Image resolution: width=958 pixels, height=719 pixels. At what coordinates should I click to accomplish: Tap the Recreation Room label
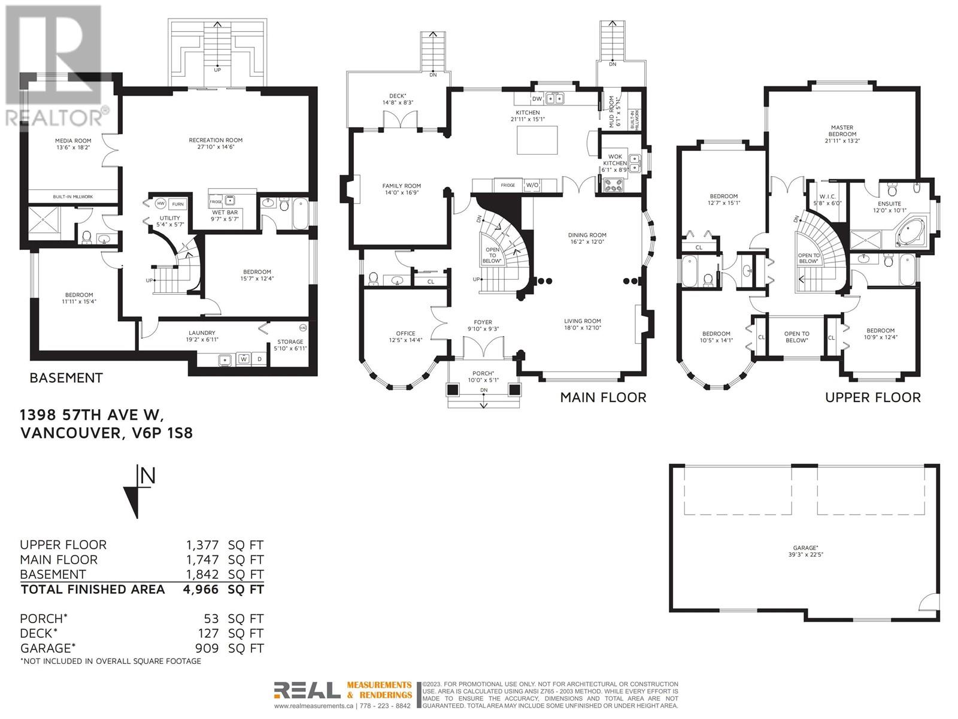216,140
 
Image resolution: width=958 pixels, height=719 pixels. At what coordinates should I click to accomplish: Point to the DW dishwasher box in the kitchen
536,99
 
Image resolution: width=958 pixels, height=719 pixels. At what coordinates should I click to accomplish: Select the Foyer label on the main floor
483,322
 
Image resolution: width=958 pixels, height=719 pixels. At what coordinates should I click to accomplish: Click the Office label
405,334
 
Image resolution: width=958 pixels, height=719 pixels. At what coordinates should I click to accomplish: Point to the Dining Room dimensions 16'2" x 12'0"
587,242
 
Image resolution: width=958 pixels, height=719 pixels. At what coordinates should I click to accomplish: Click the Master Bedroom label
842,131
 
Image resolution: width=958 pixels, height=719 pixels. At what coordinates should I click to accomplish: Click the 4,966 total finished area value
200,589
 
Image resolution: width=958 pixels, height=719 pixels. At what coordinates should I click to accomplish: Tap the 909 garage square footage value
207,648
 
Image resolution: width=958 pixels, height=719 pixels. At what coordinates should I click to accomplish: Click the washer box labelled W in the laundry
244,359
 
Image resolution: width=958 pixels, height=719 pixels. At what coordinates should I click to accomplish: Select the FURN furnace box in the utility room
178,204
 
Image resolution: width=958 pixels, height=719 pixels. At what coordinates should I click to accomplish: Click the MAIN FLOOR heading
603,397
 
